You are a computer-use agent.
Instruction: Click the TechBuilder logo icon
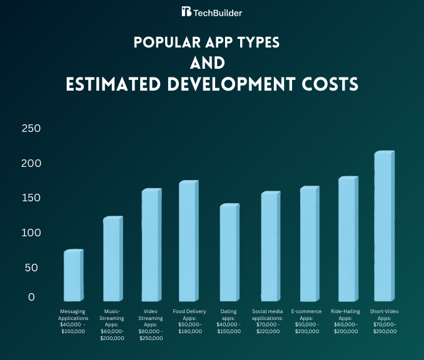coord(186,12)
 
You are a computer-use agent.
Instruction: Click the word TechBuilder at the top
coord(218,12)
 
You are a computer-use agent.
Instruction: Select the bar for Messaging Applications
coord(73,276)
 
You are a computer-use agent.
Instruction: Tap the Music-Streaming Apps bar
coord(112,259)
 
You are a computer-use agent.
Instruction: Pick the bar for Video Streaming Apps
coord(151,246)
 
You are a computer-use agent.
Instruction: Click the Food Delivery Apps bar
coord(188,242)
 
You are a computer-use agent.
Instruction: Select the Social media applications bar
coord(270,247)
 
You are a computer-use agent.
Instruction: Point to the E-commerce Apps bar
coord(309,244)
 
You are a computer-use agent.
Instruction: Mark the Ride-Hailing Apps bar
coord(347,239)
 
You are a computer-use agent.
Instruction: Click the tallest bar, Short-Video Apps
coord(383,226)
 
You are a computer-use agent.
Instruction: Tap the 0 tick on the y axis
coord(31,297)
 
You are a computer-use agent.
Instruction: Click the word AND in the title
coord(212,64)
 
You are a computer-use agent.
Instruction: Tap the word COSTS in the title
coord(332,85)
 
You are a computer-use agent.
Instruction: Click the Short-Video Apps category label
coord(384,321)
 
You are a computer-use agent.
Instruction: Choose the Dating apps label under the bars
coord(228,321)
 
